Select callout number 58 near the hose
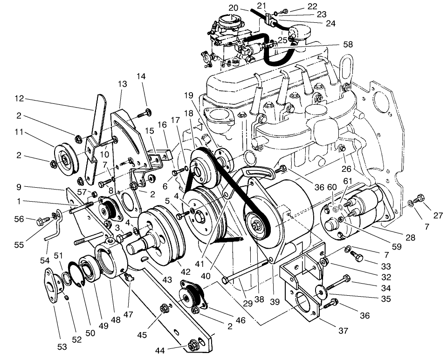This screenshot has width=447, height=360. [x=347, y=44]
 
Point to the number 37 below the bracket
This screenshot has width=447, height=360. [x=343, y=331]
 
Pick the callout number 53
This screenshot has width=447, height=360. [x=62, y=346]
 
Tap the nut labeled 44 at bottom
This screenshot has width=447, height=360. [x=192, y=346]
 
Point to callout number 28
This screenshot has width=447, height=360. [x=410, y=238]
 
